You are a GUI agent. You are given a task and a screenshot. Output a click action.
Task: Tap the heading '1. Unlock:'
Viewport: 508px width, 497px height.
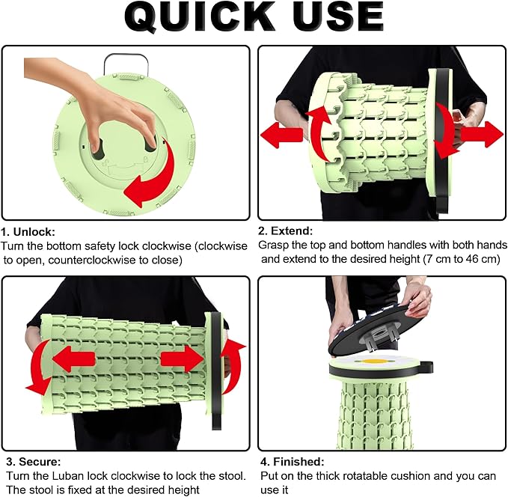pos(28,232)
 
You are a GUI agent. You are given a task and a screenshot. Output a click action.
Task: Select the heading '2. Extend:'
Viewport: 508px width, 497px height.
pos(286,231)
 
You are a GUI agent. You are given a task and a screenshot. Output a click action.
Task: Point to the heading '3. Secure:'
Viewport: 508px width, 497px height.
pos(34,461)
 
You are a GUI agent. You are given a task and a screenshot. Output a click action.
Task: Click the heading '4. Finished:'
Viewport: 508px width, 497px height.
pos(293,461)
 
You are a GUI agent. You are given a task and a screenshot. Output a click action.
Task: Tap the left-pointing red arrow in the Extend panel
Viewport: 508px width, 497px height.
pos(281,135)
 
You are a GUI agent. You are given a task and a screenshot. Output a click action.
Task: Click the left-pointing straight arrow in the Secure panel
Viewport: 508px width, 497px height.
pos(73,359)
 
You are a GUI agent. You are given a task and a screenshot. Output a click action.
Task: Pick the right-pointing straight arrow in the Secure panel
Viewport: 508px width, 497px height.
pos(182,359)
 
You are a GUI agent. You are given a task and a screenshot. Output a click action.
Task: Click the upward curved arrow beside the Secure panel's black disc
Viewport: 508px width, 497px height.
pos(232,366)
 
